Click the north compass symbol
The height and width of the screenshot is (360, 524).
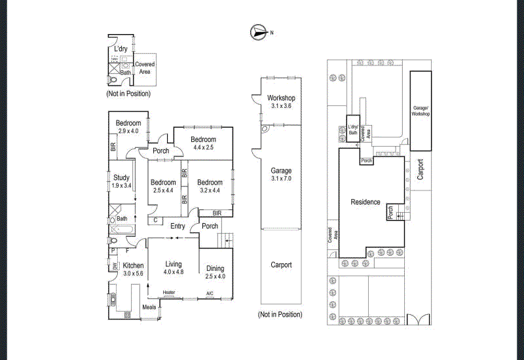click(x=257, y=31)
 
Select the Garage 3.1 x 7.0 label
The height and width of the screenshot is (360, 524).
click(x=280, y=175)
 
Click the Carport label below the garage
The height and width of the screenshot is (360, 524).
click(x=281, y=265)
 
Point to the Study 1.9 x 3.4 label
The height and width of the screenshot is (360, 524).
click(x=121, y=181)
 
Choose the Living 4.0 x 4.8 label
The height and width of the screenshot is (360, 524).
click(x=174, y=268)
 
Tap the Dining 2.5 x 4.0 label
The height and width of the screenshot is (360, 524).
click(x=215, y=272)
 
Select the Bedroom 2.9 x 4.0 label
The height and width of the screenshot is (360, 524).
click(x=128, y=127)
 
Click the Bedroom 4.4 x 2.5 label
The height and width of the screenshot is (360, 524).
click(x=203, y=143)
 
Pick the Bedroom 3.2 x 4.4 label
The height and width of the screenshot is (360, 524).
click(x=210, y=186)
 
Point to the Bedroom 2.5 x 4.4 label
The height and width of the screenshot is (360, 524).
click(x=162, y=186)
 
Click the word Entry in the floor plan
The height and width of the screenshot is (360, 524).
click(x=178, y=226)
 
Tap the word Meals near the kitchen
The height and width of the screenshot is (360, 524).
click(x=149, y=307)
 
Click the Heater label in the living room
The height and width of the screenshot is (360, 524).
click(x=169, y=293)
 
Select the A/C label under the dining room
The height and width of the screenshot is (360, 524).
click(x=210, y=293)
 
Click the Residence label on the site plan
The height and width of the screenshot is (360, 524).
click(x=365, y=202)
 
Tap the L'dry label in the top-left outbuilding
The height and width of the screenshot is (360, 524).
click(x=121, y=49)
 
